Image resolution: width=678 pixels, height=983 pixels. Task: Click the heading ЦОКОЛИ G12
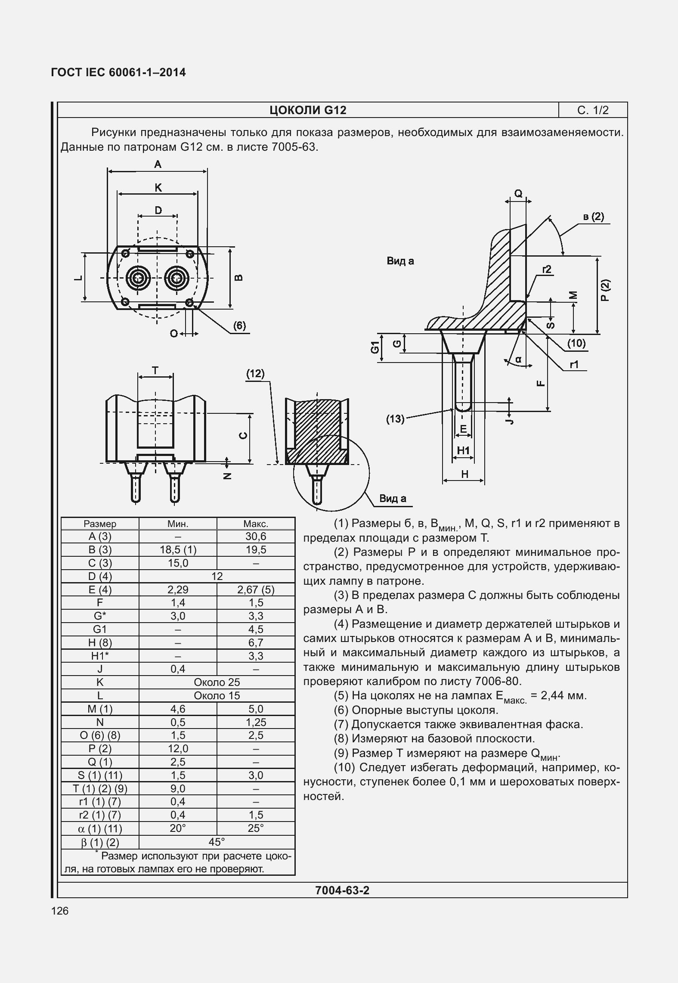[x=308, y=110]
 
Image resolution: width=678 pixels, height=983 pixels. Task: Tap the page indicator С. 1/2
[x=593, y=110]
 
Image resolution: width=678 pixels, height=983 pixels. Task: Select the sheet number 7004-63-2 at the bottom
[x=342, y=890]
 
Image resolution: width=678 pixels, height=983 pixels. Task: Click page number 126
[x=60, y=911]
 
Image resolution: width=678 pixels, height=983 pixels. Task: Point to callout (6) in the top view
[x=239, y=326]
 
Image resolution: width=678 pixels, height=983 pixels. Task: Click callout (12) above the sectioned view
[x=255, y=373]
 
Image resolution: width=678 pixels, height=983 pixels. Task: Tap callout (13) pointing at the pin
[x=395, y=419]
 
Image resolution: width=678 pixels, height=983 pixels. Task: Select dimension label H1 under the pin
[x=463, y=450]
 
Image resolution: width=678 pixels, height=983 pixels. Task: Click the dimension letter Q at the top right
[x=518, y=193]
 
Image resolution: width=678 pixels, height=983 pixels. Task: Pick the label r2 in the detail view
[x=546, y=270]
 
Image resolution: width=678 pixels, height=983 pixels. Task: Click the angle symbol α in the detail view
[x=518, y=359]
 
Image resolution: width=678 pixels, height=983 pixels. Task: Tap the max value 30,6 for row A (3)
[x=256, y=536]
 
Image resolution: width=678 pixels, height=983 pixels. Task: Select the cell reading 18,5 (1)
[x=178, y=550]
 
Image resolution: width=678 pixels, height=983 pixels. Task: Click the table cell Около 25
[x=217, y=682]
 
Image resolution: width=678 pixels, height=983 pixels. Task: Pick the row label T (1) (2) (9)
[x=100, y=788]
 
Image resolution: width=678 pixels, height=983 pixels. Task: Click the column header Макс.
[x=256, y=524]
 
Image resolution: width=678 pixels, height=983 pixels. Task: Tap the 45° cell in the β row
[x=217, y=842]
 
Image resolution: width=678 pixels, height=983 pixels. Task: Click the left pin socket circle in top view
[x=139, y=278]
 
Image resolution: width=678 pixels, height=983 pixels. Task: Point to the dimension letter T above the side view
[x=155, y=370]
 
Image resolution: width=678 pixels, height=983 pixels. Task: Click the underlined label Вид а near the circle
[x=392, y=499]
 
